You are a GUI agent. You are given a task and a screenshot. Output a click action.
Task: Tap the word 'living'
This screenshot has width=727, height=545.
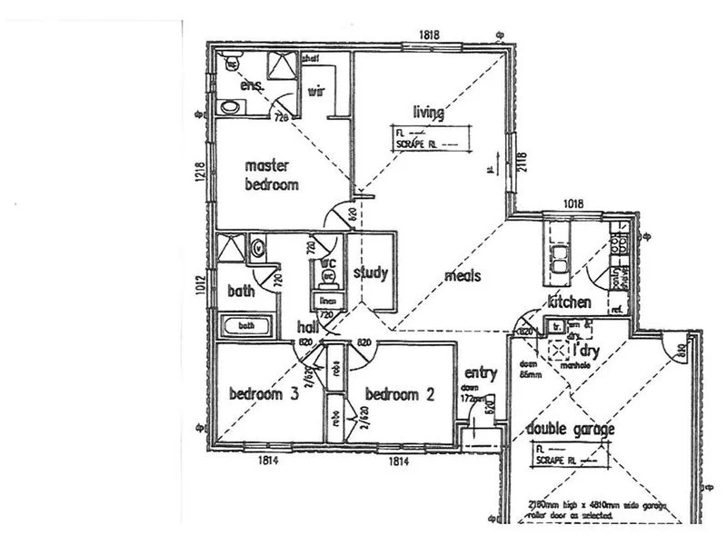428,113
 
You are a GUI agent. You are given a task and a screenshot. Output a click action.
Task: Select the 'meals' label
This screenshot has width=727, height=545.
463,276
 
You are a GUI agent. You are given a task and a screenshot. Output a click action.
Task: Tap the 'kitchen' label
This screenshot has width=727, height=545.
570,302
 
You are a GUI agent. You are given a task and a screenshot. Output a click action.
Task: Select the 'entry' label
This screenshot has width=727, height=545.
480,373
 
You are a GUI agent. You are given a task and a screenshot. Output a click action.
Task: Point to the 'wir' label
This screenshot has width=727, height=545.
317,91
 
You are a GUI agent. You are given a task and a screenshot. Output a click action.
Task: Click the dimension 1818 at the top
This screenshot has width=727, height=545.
430,35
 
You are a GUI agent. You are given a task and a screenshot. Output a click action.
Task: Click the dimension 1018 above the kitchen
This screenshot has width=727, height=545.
573,205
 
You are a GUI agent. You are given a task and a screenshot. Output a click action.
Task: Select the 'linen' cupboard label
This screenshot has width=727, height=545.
330,300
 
